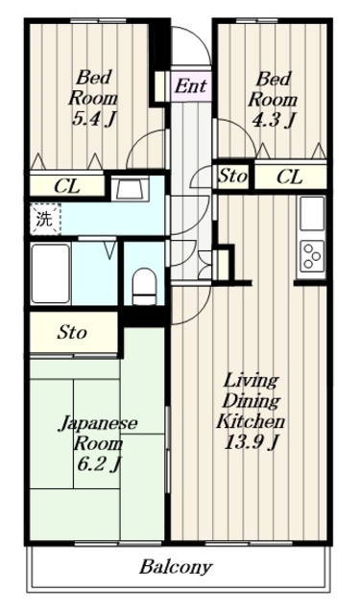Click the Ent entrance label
tap(191, 86)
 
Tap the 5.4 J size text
tap(94, 121)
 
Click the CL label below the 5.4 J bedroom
tap(65, 185)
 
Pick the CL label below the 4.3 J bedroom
tap(290, 177)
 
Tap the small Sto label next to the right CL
tap(232, 177)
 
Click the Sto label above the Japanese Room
tap(72, 334)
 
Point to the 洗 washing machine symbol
tap(44, 217)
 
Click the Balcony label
tap(176, 567)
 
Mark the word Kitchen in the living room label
tap(248, 422)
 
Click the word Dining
tap(251, 401)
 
